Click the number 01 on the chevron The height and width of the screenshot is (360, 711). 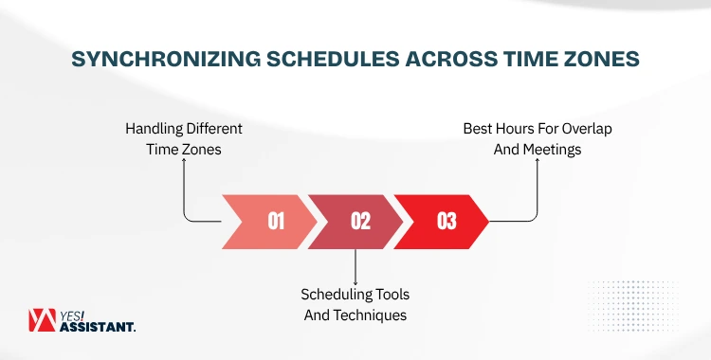[276, 222]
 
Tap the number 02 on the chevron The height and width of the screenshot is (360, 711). [360, 222]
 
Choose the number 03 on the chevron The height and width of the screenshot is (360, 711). [447, 222]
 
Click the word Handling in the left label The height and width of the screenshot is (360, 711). [155, 128]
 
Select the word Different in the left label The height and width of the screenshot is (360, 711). [215, 128]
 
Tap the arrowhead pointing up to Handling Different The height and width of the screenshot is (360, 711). [185, 162]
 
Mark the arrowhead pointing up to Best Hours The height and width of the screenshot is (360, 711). [538, 162]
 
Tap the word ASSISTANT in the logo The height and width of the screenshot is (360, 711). [99, 328]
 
